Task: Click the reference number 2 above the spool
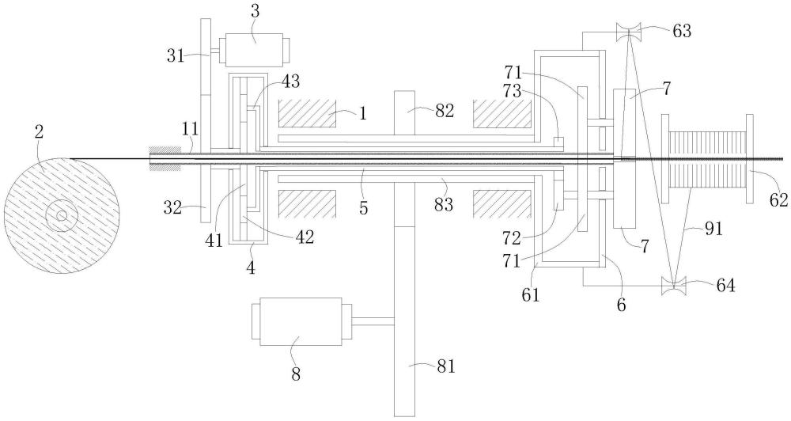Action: [x=37, y=131]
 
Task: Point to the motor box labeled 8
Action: [x=297, y=321]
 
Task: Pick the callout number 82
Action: [x=444, y=111]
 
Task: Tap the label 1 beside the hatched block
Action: [x=362, y=112]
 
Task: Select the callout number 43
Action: [x=290, y=81]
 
